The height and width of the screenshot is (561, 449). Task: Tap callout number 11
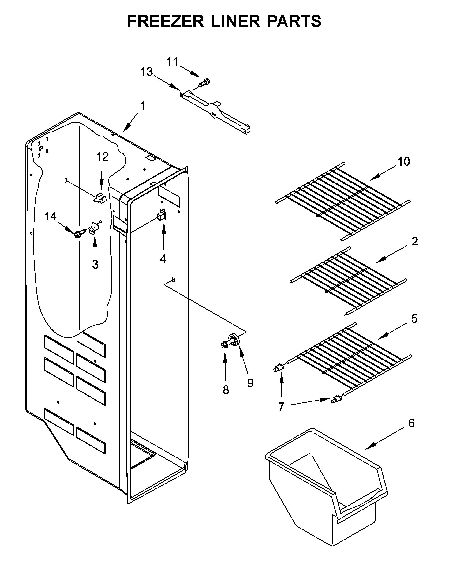172,62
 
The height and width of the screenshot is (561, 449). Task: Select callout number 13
146,72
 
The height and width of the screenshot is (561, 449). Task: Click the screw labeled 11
205,83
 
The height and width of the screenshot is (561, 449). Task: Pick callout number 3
95,264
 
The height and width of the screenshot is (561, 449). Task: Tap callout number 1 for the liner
143,106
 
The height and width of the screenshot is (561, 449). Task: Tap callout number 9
250,383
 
